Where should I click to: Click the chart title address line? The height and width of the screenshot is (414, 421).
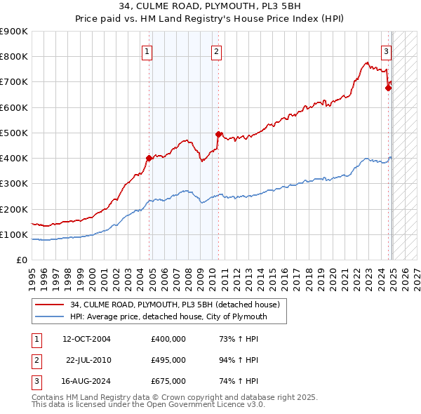[210, 8]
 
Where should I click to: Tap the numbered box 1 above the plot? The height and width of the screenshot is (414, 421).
[147, 51]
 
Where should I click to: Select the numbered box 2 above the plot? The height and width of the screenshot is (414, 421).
[216, 51]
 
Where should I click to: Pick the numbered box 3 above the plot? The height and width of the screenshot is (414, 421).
[386, 51]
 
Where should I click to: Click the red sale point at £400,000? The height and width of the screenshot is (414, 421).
[149, 158]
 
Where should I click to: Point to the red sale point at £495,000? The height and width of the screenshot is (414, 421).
[218, 134]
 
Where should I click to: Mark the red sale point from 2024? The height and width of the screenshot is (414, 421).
[388, 88]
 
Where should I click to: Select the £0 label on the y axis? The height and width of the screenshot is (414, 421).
[22, 260]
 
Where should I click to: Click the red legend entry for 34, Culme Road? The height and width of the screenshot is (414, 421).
[175, 305]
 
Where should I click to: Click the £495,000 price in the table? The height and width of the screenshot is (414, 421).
[168, 360]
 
